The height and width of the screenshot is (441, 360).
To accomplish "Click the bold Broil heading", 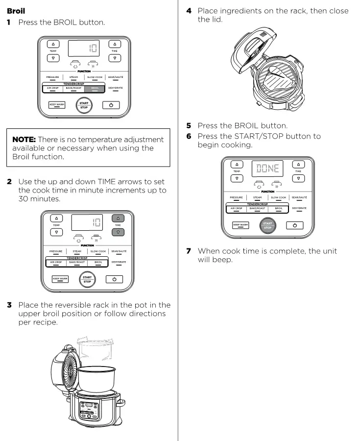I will [16, 10].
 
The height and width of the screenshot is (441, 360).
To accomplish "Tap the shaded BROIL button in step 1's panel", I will [95, 88].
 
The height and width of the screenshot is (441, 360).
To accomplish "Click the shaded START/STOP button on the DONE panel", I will [267, 225].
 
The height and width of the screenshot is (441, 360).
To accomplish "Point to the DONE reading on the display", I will [267, 168].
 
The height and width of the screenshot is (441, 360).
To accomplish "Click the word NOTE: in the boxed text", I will [24, 140].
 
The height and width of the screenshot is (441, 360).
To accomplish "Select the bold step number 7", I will [189, 251].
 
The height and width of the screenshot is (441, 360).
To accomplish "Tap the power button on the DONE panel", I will [294, 225].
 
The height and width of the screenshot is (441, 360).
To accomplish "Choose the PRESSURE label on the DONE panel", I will [237, 197].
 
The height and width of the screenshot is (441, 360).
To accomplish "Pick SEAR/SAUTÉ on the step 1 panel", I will [116, 77].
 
